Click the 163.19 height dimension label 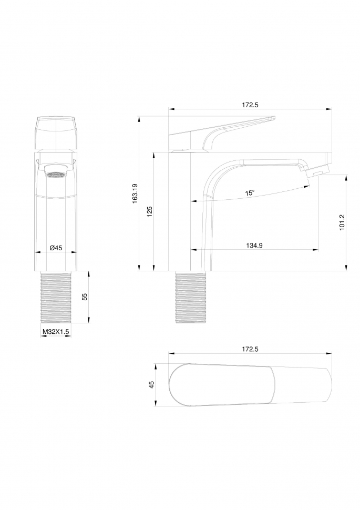(135, 193)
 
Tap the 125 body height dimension (149, 211)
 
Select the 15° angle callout (250, 192)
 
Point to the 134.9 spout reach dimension (254, 245)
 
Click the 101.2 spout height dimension (342, 222)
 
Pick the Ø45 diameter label (56, 248)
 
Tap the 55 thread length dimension (85, 297)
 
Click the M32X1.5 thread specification (56, 332)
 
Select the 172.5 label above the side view (250, 105)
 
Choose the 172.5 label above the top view (250, 349)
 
